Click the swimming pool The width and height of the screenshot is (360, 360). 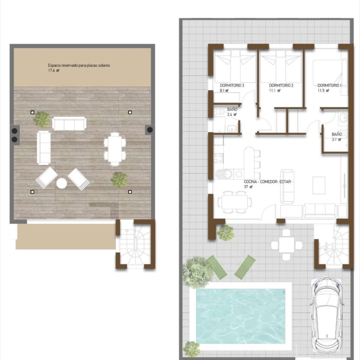point(240,316)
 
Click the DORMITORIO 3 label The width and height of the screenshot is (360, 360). point(232,85)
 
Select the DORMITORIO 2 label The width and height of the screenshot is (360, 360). point(281,85)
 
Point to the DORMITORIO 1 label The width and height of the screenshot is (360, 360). point(330,85)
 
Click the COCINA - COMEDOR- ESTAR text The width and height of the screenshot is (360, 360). point(267,181)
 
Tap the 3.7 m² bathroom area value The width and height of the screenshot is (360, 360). point(336,139)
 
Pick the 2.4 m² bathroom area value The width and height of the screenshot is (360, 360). point(232,114)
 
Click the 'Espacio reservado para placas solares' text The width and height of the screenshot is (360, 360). point(79,66)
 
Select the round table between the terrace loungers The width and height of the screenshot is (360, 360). point(62,183)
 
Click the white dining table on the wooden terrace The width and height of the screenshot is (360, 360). point(115,149)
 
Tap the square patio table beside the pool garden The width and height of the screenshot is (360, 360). point(287,245)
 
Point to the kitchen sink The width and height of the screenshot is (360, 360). point(225,174)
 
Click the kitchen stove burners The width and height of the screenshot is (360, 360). point(218,158)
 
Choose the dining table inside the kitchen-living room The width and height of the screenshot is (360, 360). point(234,202)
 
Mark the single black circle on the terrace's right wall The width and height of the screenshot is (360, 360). point(150,130)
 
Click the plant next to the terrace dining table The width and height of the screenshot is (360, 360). point(119,180)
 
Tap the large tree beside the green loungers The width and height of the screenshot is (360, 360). point(197,272)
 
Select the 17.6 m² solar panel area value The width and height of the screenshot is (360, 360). point(54,71)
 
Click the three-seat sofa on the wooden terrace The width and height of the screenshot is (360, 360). point(69,123)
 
